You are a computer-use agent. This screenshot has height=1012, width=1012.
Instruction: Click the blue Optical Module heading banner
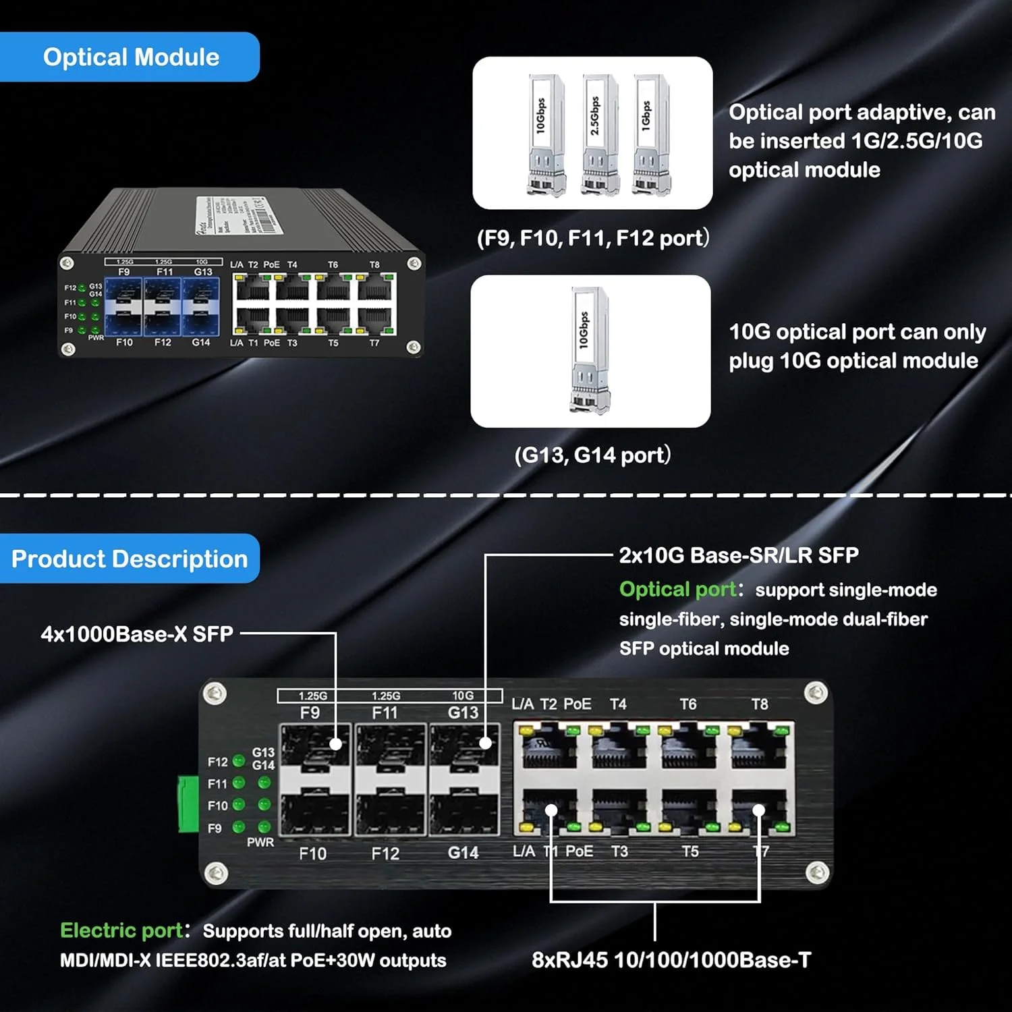point(130,57)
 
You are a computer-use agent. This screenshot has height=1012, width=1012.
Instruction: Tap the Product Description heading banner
point(130,559)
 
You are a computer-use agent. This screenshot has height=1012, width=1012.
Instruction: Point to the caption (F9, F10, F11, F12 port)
point(592,238)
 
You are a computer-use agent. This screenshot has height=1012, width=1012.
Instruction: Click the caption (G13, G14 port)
point(592,455)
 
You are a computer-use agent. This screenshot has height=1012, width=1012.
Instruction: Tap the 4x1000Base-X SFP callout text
point(137,634)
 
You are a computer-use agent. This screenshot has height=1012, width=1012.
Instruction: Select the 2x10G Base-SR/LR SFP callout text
point(739,555)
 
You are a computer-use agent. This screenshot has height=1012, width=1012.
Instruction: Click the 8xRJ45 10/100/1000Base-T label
point(671,960)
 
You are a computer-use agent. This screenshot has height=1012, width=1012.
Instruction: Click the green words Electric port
point(121,930)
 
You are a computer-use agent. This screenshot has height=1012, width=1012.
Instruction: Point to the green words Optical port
point(677,590)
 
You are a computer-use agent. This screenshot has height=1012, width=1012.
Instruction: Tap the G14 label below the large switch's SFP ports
point(463,853)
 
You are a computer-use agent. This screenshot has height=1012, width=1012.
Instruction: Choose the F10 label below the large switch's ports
point(312,853)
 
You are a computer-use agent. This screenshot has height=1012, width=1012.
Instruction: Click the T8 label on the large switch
point(760,704)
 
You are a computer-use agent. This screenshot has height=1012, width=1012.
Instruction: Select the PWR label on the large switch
point(260,842)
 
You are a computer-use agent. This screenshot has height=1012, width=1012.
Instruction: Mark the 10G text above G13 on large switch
point(463,696)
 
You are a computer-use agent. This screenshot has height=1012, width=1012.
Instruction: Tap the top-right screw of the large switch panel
point(816,692)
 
